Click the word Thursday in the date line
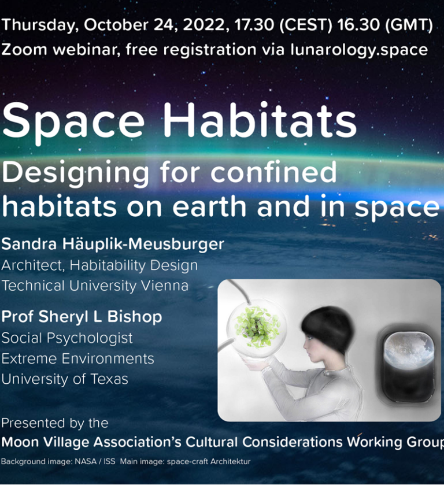(x=40, y=25)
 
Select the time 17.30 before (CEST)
(x=254, y=24)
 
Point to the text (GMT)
(x=409, y=25)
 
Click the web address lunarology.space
(x=359, y=50)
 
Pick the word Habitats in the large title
(x=260, y=121)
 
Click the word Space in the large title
(x=73, y=123)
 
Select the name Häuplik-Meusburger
(x=143, y=244)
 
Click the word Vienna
(x=165, y=286)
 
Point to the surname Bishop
(x=135, y=317)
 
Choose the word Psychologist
(x=90, y=338)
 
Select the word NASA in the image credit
(x=86, y=461)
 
